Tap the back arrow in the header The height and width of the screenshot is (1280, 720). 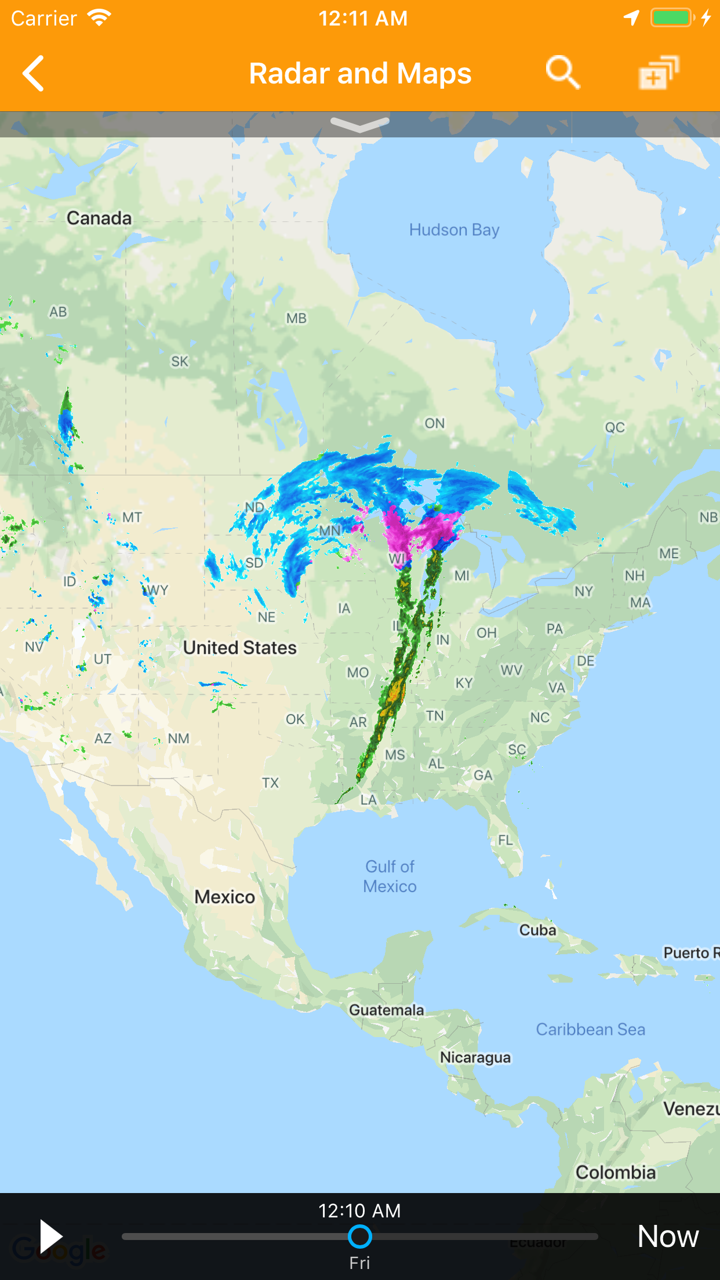click(x=34, y=74)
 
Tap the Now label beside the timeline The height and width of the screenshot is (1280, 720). click(x=668, y=1236)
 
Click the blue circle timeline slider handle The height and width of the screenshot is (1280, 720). click(x=360, y=1237)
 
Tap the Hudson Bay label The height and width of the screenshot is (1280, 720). click(x=454, y=230)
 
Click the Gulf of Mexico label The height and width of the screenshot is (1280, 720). click(x=390, y=876)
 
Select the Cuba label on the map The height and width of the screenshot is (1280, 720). click(x=537, y=930)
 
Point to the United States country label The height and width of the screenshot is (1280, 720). click(x=239, y=648)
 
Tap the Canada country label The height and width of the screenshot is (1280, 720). click(x=99, y=218)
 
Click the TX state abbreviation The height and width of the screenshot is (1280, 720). click(x=270, y=783)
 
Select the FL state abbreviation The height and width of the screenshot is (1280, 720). click(x=506, y=839)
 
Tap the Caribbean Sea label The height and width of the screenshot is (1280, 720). click(x=590, y=1029)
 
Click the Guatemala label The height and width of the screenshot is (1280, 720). click(x=386, y=1010)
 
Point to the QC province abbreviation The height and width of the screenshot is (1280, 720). click(x=614, y=427)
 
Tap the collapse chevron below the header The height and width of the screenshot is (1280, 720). click(x=360, y=123)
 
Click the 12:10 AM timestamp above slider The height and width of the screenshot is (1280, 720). click(x=359, y=1210)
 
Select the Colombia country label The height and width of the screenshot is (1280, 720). click(x=615, y=1172)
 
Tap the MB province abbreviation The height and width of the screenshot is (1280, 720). click(x=296, y=318)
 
